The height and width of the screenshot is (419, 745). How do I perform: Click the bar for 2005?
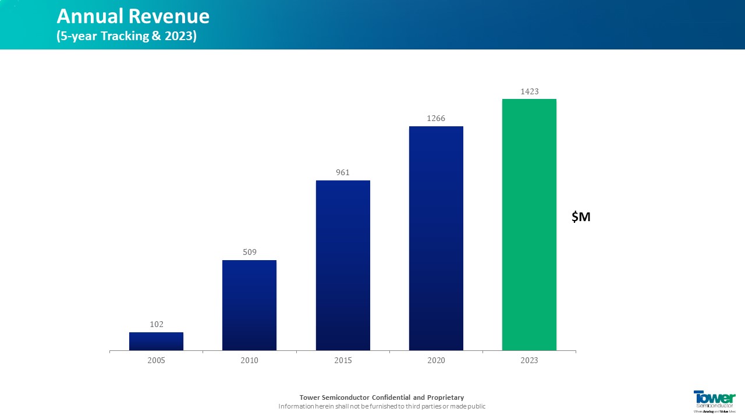156,341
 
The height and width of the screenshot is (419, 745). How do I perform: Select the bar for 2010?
249,305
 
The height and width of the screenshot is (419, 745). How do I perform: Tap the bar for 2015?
343,265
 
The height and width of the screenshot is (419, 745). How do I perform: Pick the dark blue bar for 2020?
436,238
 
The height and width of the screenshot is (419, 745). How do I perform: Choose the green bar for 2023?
529,225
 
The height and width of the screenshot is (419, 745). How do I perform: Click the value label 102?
157,324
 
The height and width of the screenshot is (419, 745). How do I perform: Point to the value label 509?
250,252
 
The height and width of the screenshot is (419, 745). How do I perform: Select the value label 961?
343,172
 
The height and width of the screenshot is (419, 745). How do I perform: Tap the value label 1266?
436,118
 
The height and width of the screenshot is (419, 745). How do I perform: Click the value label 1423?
529,91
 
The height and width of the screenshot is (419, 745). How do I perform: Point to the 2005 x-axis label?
157,361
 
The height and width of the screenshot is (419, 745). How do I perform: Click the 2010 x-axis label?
250,361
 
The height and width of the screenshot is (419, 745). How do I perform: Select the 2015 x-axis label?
343,361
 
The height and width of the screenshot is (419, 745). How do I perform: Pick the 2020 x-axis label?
436,361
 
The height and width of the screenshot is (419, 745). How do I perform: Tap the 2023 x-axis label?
529,361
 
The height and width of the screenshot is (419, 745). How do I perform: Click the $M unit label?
581,217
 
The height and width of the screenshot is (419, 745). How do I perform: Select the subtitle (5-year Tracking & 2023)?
127,36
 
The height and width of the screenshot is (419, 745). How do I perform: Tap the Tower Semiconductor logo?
714,400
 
